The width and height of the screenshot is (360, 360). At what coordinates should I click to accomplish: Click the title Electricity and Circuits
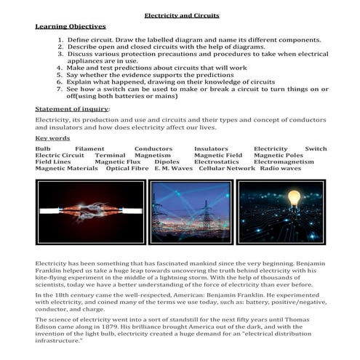click(x=181, y=15)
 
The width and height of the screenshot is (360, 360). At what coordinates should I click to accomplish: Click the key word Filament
click(x=89, y=148)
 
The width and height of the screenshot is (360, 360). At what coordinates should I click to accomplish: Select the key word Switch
click(x=316, y=148)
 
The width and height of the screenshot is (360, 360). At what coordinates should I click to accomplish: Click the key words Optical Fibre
click(x=127, y=168)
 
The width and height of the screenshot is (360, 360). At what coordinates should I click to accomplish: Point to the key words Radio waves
click(x=280, y=168)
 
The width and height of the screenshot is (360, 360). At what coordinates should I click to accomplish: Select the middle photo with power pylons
click(x=191, y=212)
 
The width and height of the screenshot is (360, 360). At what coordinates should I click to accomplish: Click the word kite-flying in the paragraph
click(x=53, y=277)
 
